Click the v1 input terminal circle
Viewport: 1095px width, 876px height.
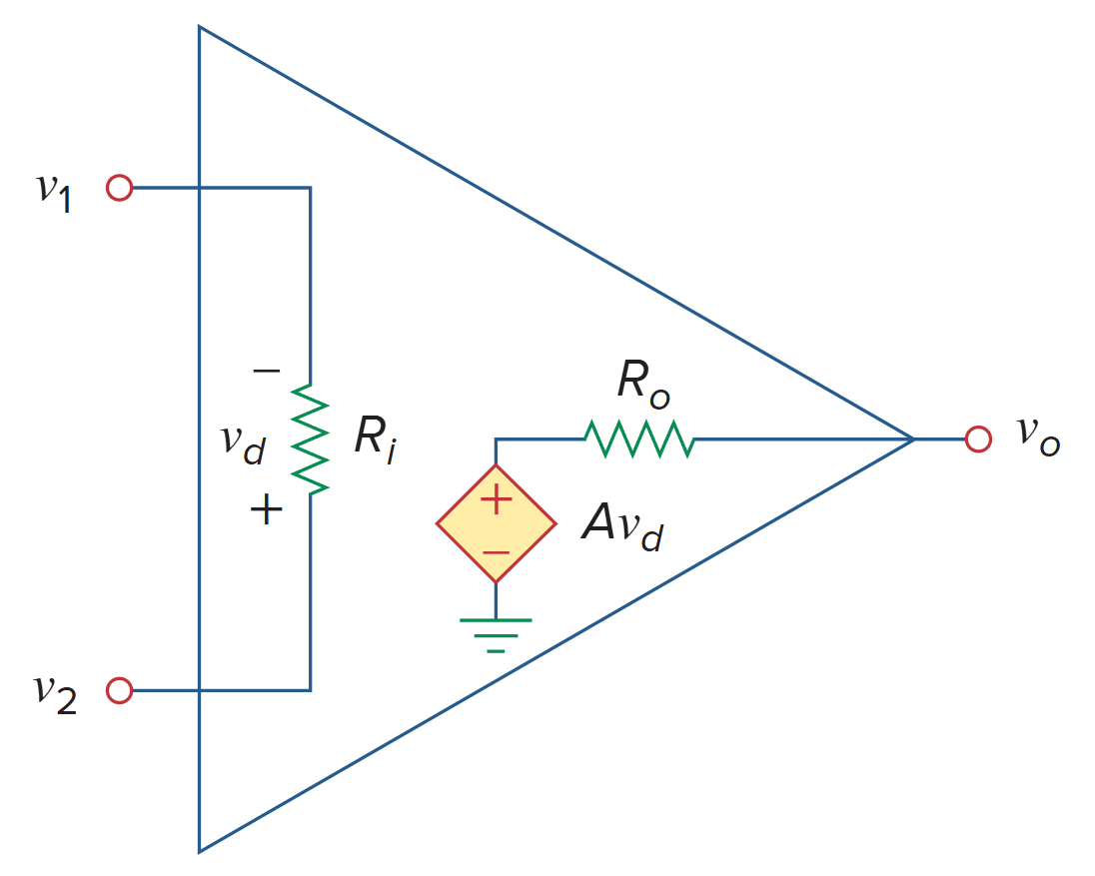click(x=119, y=188)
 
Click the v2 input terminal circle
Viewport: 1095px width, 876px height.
click(x=119, y=690)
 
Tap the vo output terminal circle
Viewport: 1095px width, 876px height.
click(x=978, y=438)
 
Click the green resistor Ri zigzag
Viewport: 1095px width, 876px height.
click(x=311, y=439)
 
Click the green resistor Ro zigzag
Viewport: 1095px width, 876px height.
click(x=638, y=438)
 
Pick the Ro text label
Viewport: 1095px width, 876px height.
click(x=642, y=384)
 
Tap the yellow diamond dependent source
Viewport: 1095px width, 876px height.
click(x=496, y=523)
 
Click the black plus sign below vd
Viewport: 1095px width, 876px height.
click(x=266, y=511)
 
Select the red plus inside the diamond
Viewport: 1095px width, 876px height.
click(x=497, y=500)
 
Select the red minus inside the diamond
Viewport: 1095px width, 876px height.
click(x=497, y=551)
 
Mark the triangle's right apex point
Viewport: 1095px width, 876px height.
click(x=913, y=438)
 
